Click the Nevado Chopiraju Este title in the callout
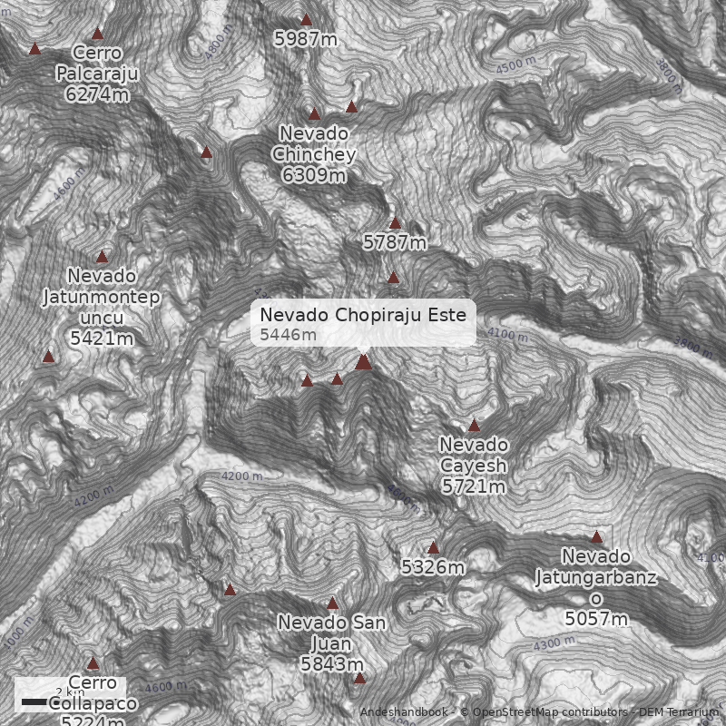[x=363, y=315]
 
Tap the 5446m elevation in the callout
[x=288, y=335]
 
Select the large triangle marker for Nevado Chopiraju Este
[x=363, y=362]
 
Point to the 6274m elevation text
[x=96, y=93]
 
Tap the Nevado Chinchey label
[x=314, y=143]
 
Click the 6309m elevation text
[x=314, y=174]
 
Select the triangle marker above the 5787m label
[x=395, y=223]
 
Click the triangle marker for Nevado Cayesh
[x=474, y=426]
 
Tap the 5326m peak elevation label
[x=433, y=568]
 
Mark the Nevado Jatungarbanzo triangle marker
[x=596, y=537]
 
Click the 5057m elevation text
[x=596, y=619]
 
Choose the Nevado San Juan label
[x=332, y=633]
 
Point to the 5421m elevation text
[x=102, y=338]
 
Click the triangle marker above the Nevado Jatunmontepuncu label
[x=102, y=257]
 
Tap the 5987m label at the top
[x=306, y=38]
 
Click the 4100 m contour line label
[x=506, y=334]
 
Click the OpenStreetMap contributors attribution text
[x=544, y=712]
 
